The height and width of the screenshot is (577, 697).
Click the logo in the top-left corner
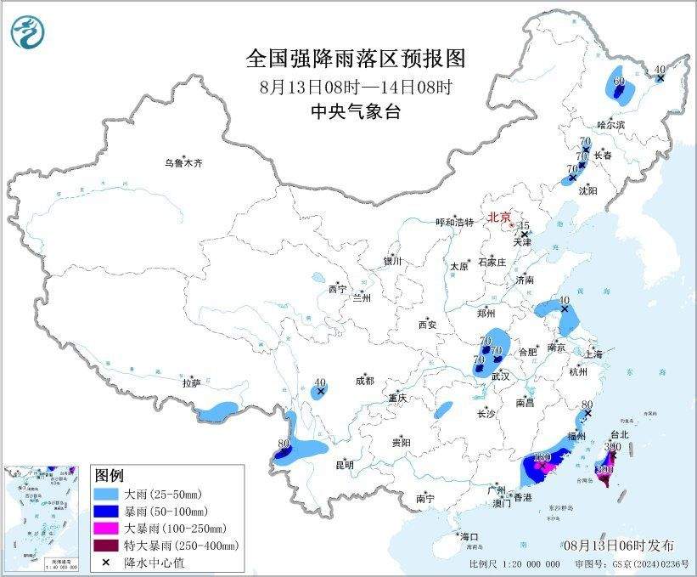click(27, 32)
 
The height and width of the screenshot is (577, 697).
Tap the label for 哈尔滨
click(610, 125)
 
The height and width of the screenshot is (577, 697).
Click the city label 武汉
click(500, 376)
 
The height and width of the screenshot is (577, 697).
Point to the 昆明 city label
click(344, 465)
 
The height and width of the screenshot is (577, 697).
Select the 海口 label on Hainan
click(470, 537)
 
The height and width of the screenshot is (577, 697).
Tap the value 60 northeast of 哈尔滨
click(619, 82)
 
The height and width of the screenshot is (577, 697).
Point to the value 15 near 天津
click(525, 224)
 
